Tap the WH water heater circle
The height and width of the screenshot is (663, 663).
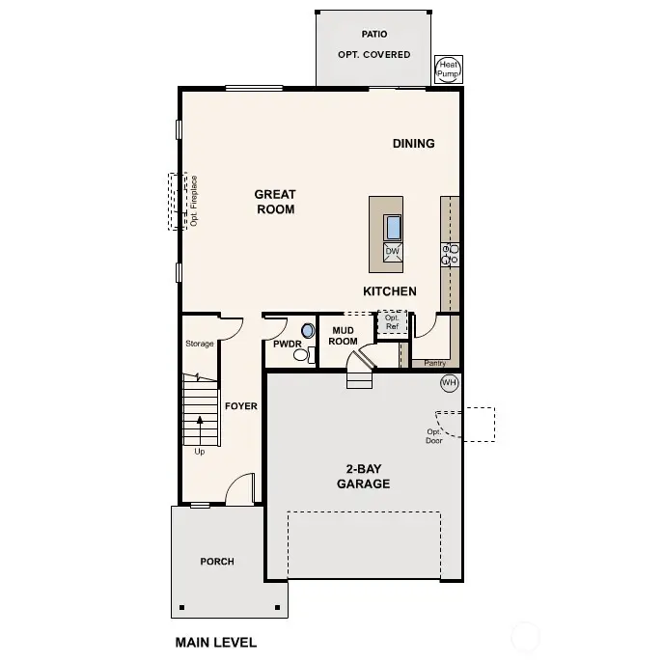tap(449, 383)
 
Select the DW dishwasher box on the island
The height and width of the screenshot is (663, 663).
tap(393, 252)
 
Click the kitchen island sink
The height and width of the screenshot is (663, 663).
tap(393, 228)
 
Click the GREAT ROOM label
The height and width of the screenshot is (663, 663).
tap(275, 202)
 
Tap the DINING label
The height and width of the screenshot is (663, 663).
tap(413, 144)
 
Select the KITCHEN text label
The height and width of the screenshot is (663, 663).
tap(390, 291)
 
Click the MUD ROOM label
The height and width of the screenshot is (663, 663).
tap(344, 336)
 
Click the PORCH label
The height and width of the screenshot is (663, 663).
tap(216, 562)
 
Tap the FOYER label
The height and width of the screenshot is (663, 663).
tap(241, 406)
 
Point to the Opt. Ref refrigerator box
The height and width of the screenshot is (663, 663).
tap(392, 322)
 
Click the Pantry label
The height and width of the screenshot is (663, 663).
tap(435, 364)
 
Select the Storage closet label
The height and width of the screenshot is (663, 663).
tap(200, 344)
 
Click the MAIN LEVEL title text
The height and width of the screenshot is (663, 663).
tap(216, 642)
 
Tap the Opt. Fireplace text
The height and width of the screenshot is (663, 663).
tap(194, 201)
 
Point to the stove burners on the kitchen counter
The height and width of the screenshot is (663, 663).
tap(450, 254)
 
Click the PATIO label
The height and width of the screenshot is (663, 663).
tap(373, 34)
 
